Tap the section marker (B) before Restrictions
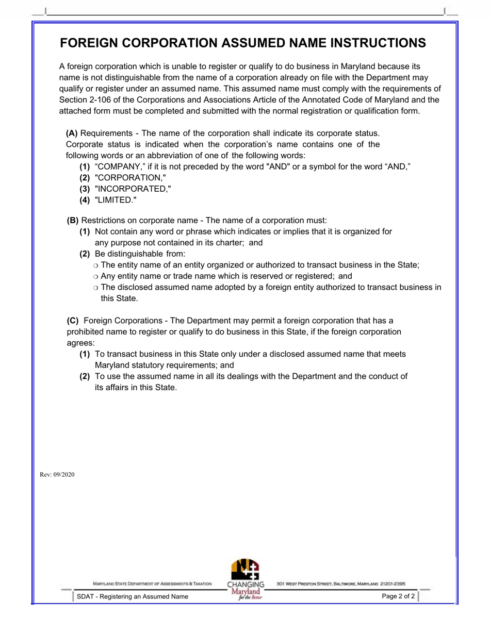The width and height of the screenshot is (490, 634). [x=73, y=220]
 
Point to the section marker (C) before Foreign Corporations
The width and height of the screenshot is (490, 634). [x=73, y=321]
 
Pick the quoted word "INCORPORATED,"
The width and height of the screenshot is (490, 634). [x=133, y=189]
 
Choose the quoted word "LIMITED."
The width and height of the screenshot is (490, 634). [x=116, y=200]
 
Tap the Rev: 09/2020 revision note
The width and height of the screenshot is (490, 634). [x=57, y=475]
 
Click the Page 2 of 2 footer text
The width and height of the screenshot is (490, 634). [x=398, y=597]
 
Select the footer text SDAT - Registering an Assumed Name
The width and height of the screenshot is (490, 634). [x=133, y=597]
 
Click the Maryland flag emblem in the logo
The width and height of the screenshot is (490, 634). [x=245, y=569]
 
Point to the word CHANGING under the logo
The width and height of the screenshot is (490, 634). [x=246, y=585]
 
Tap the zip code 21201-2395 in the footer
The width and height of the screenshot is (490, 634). [x=393, y=584]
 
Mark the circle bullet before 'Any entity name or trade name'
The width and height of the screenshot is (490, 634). [x=95, y=276]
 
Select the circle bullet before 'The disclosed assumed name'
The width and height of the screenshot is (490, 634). [x=95, y=288]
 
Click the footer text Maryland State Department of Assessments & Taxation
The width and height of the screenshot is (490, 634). [x=152, y=584]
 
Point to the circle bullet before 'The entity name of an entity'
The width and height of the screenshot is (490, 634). [x=95, y=265]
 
